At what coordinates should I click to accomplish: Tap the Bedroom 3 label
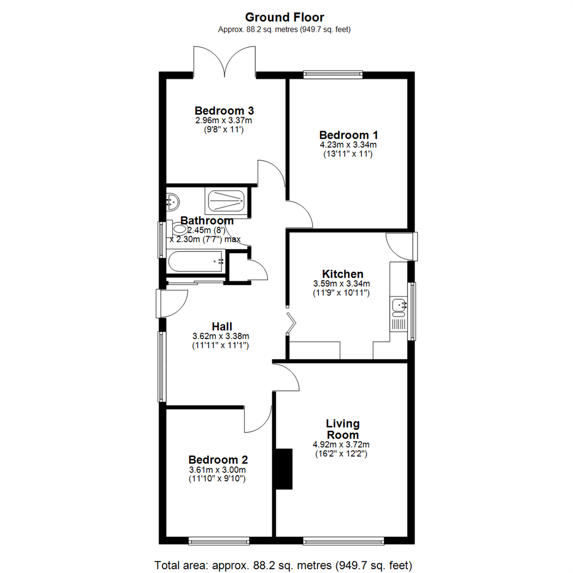tap(224, 111)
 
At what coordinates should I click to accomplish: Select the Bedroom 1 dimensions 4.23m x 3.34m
tap(348, 144)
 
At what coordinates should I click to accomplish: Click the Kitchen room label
tap(342, 274)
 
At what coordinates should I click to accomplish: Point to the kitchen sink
tap(398, 305)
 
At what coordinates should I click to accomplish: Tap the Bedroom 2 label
tap(218, 460)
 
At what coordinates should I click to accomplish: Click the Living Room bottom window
tap(343, 541)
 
